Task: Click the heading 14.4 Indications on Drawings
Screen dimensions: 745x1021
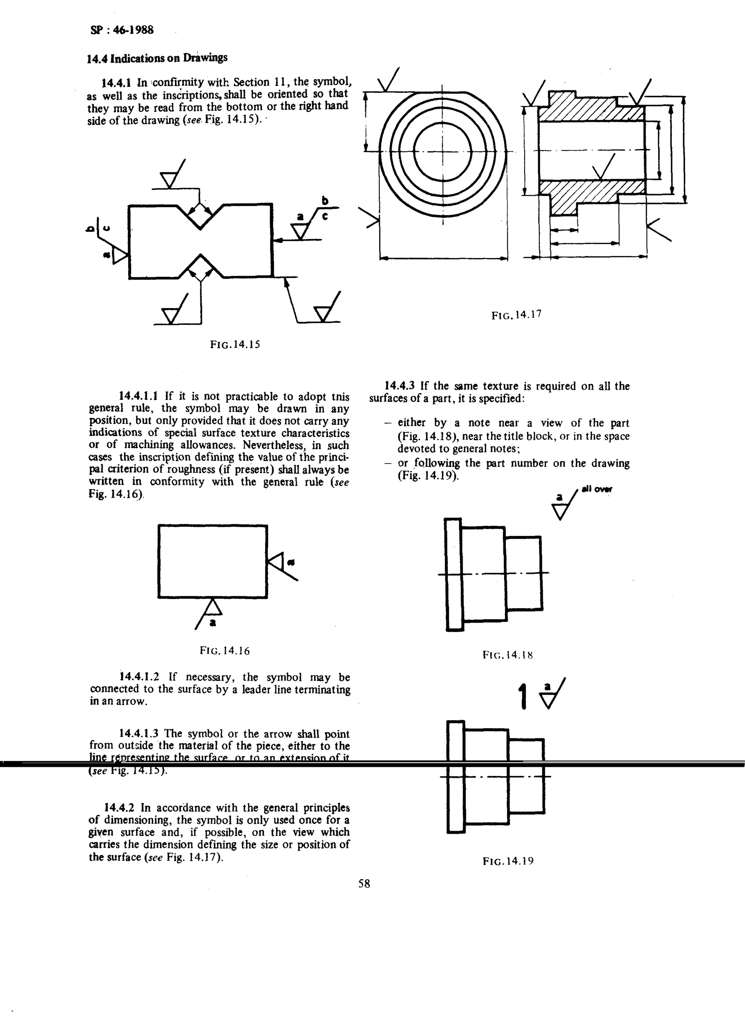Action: pos(157,58)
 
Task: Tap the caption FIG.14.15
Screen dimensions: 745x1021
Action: pos(235,345)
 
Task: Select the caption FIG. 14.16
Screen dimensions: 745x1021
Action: pos(224,650)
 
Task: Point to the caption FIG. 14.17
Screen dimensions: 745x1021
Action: pos(516,315)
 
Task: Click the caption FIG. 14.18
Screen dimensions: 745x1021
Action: pos(507,654)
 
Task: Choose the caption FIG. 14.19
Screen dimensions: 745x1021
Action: pos(508,861)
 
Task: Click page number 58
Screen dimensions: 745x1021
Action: pos(364,883)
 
